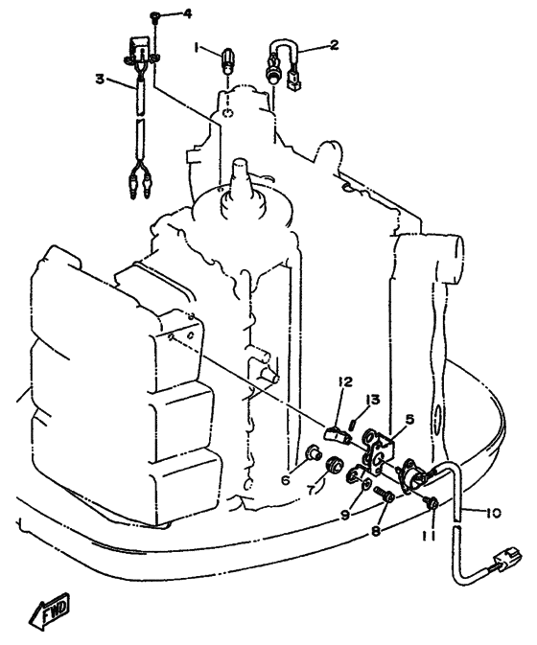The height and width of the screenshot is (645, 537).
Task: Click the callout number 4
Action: (187, 14)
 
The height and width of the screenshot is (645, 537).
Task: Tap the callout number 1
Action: (198, 49)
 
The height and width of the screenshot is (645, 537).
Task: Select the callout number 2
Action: (334, 44)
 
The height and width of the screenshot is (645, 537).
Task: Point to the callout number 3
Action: (100, 79)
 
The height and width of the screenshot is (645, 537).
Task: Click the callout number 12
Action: (345, 381)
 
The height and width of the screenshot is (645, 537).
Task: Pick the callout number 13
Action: (374, 400)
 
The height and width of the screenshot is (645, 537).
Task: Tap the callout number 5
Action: (409, 420)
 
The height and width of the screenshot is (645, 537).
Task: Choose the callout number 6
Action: (286, 479)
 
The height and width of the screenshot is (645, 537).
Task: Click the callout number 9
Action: (345, 515)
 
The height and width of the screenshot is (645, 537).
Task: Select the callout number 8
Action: (376, 531)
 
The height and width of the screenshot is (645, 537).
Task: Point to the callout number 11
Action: (432, 534)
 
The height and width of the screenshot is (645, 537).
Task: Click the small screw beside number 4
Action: (155, 16)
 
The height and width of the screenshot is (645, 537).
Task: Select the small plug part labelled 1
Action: (227, 61)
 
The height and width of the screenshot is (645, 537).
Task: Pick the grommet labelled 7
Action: (333, 466)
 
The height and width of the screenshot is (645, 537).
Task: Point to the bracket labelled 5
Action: (377, 449)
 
